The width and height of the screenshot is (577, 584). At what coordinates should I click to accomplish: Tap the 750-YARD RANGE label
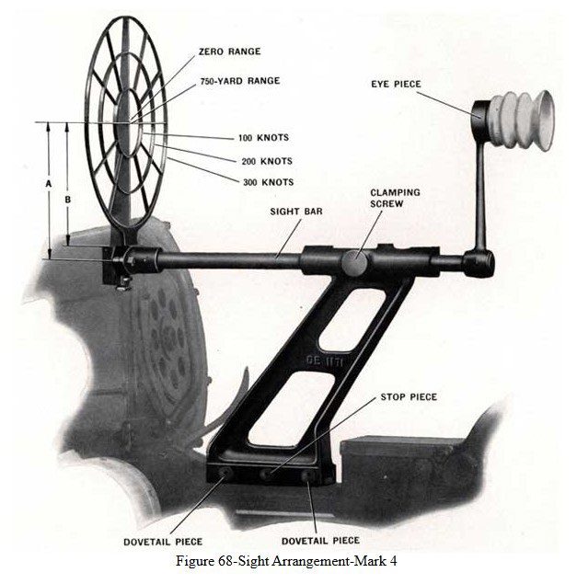pos(239,81)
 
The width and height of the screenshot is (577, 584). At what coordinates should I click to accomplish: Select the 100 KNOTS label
pos(263,138)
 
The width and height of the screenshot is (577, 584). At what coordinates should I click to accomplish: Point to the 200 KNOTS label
pos(267,161)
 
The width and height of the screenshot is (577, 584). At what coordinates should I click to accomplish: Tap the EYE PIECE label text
pos(397,84)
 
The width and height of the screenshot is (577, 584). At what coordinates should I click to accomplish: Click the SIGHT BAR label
pos(295,211)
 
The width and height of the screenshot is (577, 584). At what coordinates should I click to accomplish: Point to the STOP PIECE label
pos(409,397)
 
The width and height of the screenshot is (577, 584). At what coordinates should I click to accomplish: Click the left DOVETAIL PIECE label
pos(163,542)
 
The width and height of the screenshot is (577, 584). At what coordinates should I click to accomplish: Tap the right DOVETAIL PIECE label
pos(320,540)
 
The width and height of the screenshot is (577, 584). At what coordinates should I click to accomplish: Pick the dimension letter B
pos(67,198)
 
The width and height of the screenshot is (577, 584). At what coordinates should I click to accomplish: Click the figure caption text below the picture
pos(288,561)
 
